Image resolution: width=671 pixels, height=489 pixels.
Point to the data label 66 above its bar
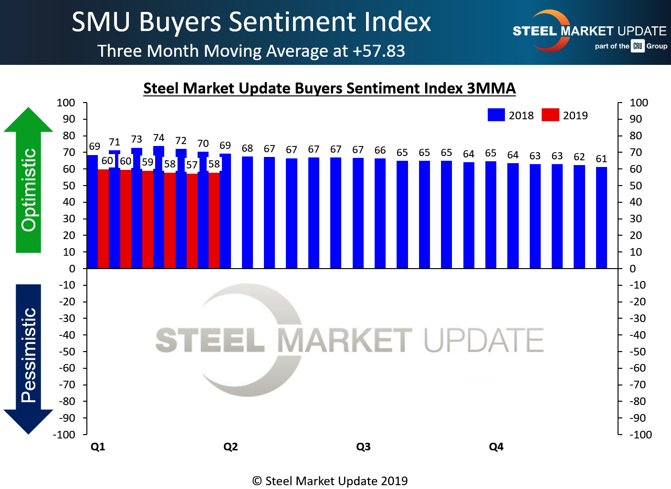(380, 150)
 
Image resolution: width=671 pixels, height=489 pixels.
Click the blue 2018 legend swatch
(496, 115)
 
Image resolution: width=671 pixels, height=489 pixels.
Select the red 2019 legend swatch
(550, 115)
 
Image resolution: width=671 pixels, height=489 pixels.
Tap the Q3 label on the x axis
(363, 447)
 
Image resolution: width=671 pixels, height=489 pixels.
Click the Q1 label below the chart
(98, 447)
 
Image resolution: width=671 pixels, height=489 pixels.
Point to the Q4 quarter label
(496, 447)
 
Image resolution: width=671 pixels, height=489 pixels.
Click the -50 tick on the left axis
(67, 352)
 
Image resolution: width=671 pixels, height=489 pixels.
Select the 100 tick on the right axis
(639, 103)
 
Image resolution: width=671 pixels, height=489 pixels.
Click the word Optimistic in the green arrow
(29, 190)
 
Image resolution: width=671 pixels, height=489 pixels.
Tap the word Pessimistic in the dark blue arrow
(29, 355)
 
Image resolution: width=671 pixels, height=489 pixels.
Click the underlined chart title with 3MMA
(329, 88)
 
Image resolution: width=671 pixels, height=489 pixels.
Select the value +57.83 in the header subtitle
(379, 51)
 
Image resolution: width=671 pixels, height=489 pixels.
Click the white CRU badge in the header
(638, 46)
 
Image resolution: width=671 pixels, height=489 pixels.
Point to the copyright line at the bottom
(330, 481)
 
